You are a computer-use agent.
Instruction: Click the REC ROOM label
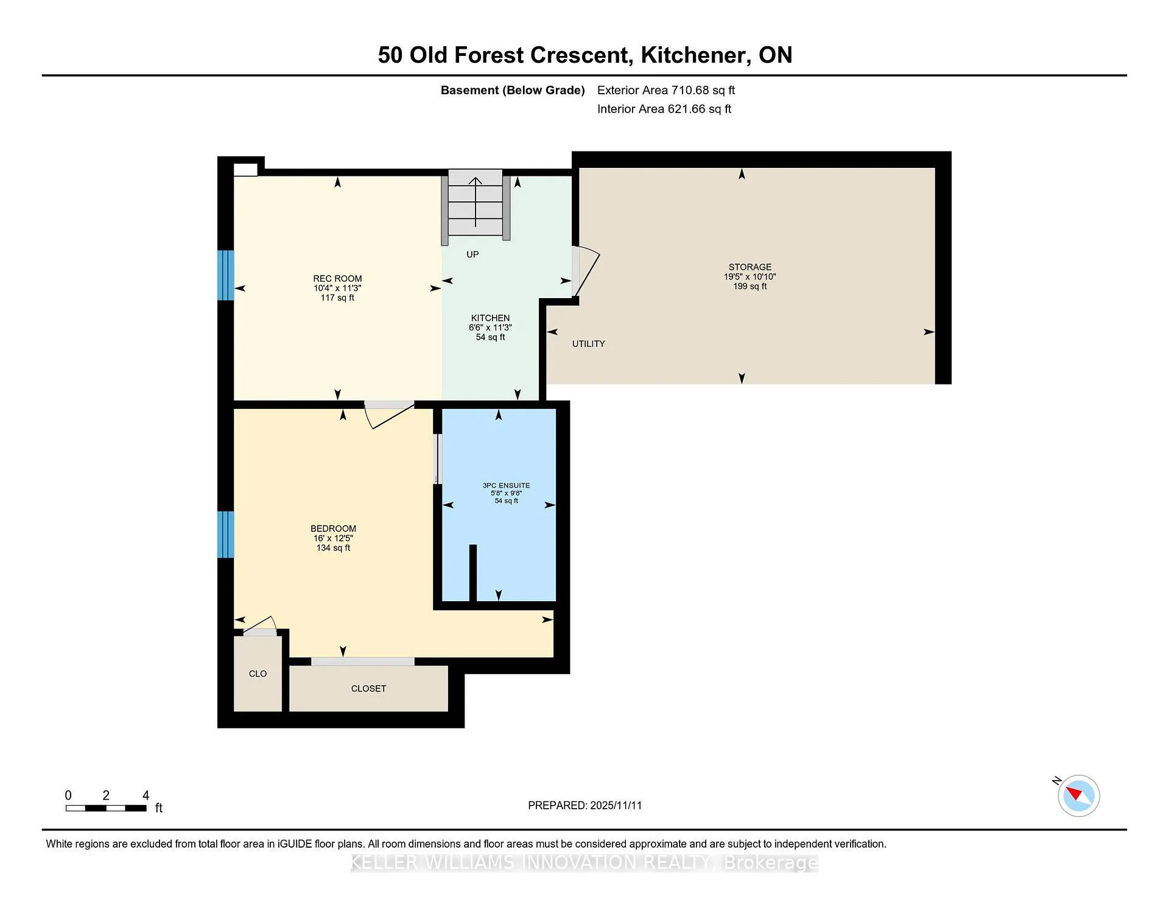click(337, 279)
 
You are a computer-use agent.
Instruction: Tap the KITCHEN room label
click(490, 318)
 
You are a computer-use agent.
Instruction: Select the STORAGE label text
click(749, 267)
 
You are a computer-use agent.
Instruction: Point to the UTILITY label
click(588, 344)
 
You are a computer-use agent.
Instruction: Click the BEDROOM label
click(333, 529)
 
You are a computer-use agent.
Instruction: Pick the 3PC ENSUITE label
click(506, 486)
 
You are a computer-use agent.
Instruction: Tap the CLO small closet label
click(258, 674)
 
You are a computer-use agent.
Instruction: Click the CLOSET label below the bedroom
click(368, 689)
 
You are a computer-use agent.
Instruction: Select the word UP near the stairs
click(472, 254)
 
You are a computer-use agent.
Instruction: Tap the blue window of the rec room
click(226, 275)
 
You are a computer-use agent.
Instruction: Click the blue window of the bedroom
click(226, 534)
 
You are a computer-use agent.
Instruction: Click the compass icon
click(1078, 795)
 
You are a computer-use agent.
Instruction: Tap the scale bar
click(106, 808)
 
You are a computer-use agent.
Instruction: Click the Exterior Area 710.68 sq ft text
click(666, 90)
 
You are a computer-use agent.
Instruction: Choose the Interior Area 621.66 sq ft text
click(664, 109)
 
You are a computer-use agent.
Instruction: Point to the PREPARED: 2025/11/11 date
click(584, 805)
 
